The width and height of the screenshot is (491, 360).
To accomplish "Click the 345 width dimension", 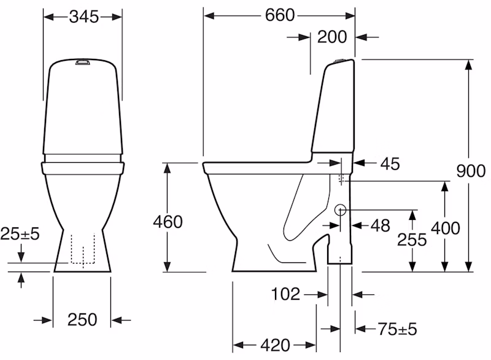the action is coord(84,17).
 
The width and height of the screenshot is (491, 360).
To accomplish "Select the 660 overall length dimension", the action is coord(280,15).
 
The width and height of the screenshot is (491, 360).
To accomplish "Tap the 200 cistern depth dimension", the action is coord(332,37).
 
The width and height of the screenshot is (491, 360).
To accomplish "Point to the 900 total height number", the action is coord(471,171).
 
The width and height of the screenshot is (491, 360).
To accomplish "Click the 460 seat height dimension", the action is coord(168,222).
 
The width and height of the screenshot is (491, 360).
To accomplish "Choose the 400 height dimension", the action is coord(446,228).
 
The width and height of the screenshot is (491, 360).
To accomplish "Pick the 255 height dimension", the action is coord(412,240).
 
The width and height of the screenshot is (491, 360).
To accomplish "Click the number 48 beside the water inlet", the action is coord(381,225).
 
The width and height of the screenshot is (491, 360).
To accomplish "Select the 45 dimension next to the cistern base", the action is coord(390,164).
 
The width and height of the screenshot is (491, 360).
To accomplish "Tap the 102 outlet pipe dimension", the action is coord(285,294).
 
